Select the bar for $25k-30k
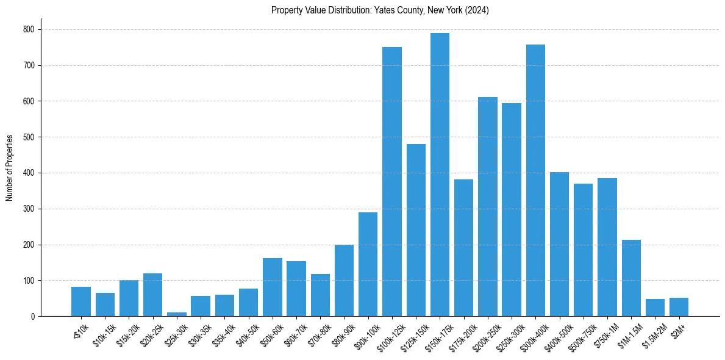(177, 314)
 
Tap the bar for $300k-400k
(535, 180)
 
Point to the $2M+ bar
(679, 307)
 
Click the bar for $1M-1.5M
(631, 278)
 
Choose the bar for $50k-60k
(273, 287)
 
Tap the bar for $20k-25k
(153, 295)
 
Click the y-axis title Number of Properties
(10, 168)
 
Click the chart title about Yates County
(380, 10)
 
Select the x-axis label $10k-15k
(102, 333)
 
